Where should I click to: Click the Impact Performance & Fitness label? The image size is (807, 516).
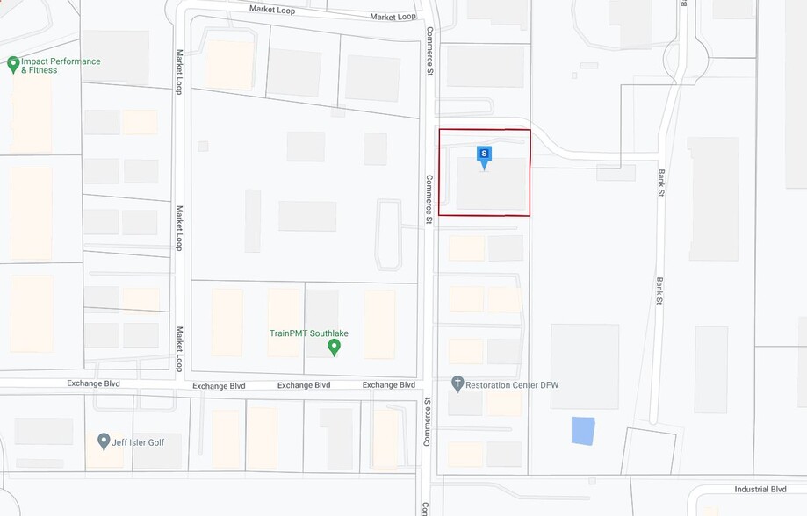(x=60, y=66)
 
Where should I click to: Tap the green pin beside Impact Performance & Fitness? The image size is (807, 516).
(x=13, y=64)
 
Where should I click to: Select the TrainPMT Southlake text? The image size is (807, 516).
(x=309, y=333)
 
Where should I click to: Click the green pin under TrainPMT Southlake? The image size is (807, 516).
(x=334, y=348)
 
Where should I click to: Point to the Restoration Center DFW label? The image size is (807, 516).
(x=512, y=385)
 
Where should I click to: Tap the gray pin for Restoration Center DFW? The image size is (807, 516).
(x=457, y=383)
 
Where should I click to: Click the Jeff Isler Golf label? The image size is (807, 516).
(x=138, y=442)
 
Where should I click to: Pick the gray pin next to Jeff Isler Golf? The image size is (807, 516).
(x=104, y=441)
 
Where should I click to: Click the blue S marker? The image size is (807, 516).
(x=483, y=154)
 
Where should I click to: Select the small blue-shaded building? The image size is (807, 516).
(x=582, y=431)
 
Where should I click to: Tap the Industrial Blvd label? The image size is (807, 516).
(x=760, y=490)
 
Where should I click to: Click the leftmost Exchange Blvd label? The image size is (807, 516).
(x=93, y=383)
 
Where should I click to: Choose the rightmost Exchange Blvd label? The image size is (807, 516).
(x=388, y=385)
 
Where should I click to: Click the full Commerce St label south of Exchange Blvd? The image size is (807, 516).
(x=427, y=421)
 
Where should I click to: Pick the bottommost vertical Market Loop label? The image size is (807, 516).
(x=179, y=348)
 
